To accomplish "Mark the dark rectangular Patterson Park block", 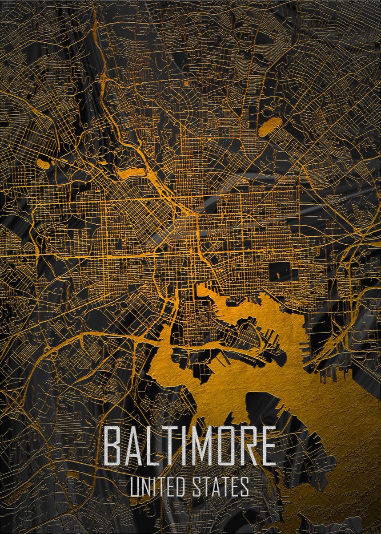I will [279, 271].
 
